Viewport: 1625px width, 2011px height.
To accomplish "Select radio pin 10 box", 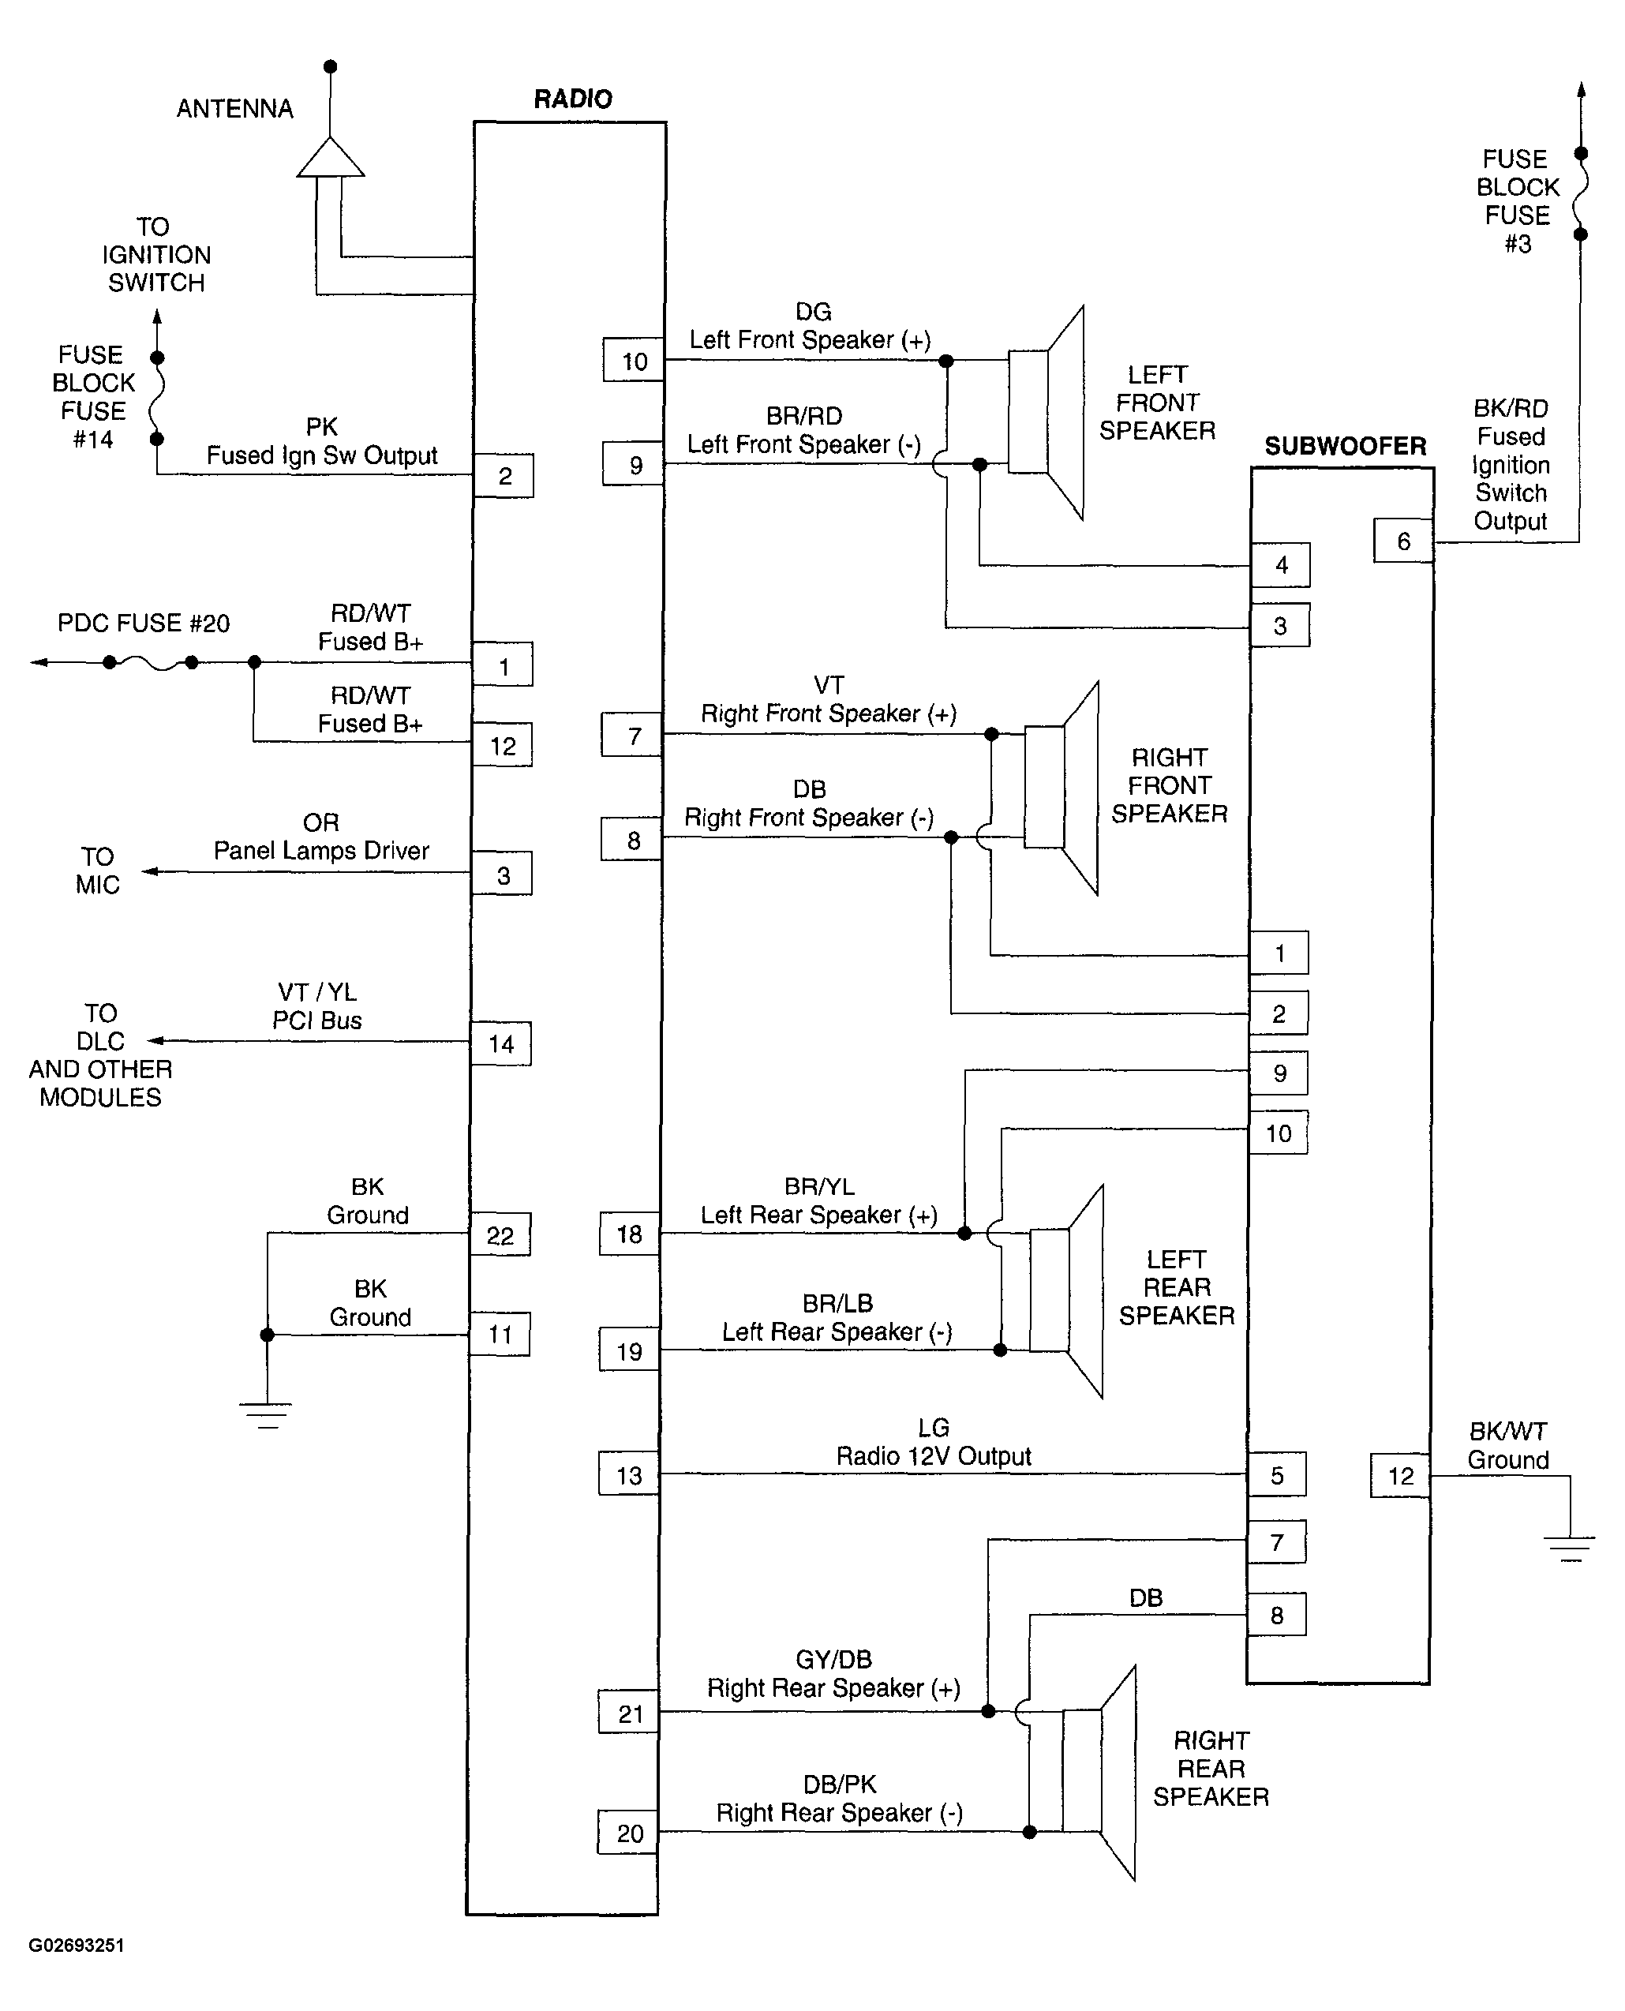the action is click(x=634, y=361).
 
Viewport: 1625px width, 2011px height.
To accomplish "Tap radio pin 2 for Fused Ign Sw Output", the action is click(x=504, y=476).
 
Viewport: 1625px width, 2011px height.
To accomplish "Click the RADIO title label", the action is click(x=573, y=99).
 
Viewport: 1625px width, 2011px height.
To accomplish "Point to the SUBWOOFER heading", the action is click(x=1345, y=447).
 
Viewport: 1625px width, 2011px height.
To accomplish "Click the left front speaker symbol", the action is click(x=1047, y=412).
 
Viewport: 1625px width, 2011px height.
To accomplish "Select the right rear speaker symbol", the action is click(x=1099, y=1773).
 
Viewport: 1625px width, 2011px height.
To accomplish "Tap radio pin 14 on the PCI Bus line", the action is click(x=501, y=1044).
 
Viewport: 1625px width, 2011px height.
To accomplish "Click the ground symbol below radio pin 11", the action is click(x=267, y=1414).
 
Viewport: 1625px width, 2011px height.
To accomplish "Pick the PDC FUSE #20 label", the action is click(x=143, y=624).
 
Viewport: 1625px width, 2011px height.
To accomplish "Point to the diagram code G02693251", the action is click(x=76, y=1945).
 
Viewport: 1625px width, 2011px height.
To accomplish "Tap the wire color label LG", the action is click(x=934, y=1428).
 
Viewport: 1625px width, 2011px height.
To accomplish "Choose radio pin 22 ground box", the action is click(x=500, y=1235).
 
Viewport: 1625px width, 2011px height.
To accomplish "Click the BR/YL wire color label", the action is click(x=819, y=1187).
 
